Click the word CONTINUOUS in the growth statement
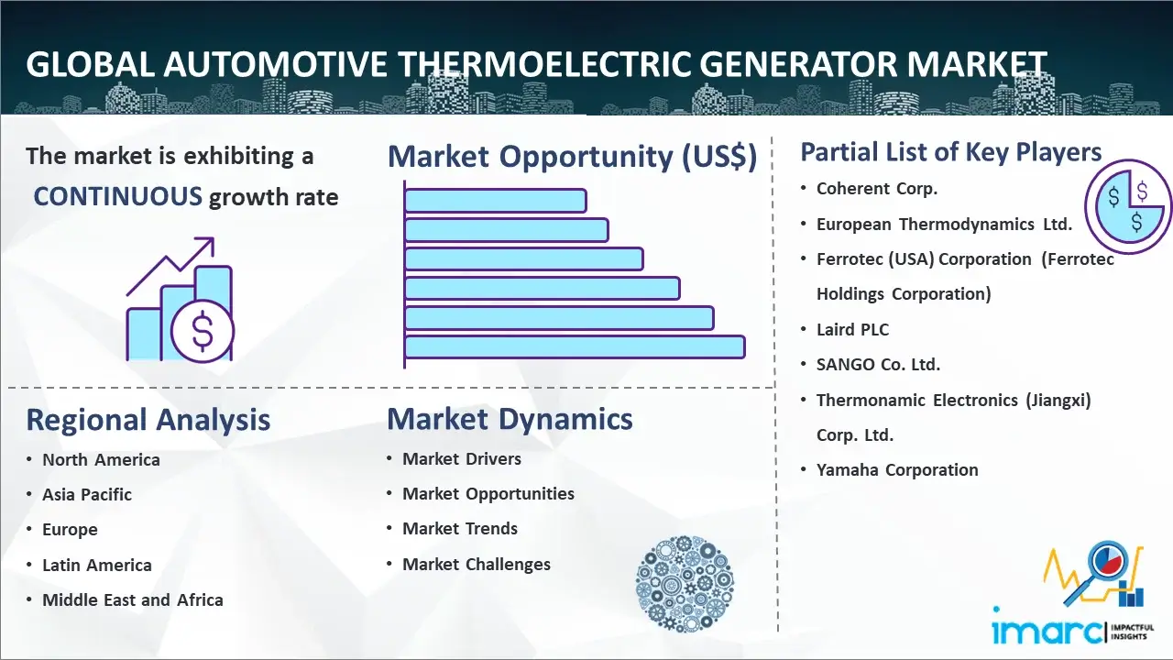click(118, 197)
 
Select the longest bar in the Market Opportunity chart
click(575, 347)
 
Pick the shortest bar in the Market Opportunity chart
click(496, 201)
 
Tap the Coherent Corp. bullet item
click(877, 189)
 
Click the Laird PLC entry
click(852, 329)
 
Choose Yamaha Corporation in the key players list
click(897, 470)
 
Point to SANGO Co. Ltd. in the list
click(878, 365)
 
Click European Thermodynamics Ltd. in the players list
click(944, 225)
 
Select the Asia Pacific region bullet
click(87, 494)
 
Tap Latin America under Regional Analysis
click(97, 566)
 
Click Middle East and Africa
click(133, 599)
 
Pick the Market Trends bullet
click(460, 529)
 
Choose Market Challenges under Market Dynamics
click(476, 564)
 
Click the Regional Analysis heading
click(148, 420)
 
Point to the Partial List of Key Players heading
click(951, 152)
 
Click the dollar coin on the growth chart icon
click(203, 331)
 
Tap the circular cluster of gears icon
click(685, 584)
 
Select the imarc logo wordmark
click(1047, 632)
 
